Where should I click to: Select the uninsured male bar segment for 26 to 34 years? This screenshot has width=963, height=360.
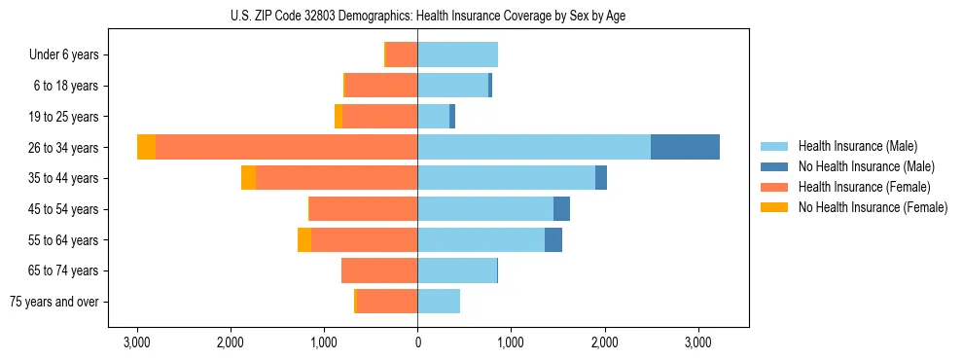pos(685,147)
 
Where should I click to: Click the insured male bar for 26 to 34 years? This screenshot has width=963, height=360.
pos(534,147)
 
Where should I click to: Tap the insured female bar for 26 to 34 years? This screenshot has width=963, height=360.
pos(286,147)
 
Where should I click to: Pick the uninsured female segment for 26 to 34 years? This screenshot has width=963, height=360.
pos(146,147)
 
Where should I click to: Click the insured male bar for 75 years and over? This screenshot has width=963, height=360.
pos(439,302)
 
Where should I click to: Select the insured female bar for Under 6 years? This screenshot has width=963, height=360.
pos(402,54)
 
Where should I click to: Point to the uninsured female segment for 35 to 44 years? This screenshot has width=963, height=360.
pos(248,178)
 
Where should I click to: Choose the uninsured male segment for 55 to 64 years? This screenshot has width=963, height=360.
pos(553,239)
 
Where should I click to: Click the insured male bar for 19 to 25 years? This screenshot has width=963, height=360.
pos(433,117)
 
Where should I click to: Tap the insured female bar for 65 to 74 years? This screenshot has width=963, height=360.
pos(379,270)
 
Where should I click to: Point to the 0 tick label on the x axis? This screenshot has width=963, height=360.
pos(417,342)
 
